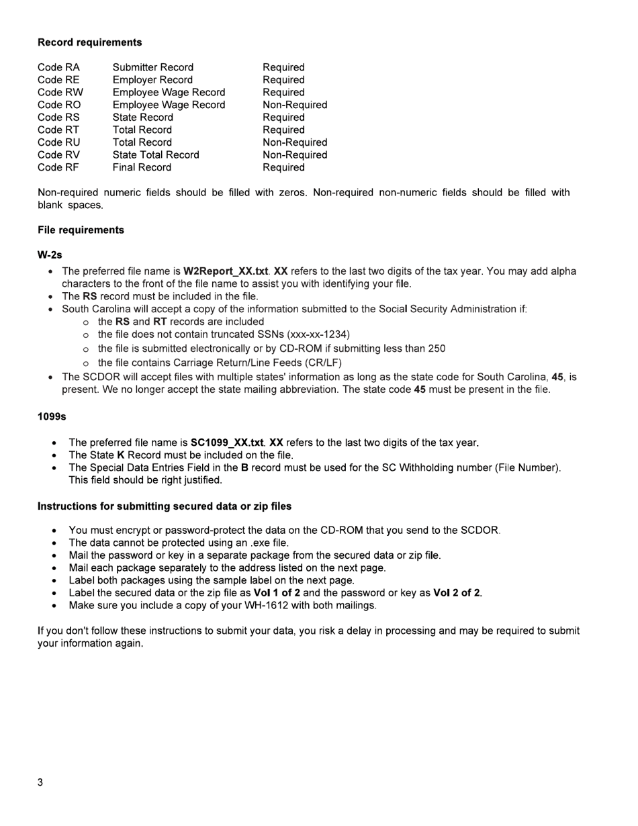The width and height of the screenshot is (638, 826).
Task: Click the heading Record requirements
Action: click(89, 42)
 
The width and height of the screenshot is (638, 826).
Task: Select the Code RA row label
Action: click(58, 67)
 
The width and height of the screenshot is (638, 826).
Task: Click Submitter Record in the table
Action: click(153, 67)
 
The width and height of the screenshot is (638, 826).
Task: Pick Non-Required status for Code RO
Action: click(295, 105)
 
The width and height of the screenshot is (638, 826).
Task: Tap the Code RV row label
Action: click(58, 155)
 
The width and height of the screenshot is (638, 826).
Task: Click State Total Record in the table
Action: click(156, 155)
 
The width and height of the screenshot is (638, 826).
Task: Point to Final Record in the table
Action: click(142, 167)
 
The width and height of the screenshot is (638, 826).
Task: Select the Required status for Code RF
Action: click(283, 167)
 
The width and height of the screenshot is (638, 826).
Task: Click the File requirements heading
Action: click(81, 230)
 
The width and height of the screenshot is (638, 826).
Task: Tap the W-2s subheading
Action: click(50, 255)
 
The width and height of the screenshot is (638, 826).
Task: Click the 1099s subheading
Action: click(52, 417)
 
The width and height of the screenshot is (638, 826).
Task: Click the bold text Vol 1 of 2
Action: click(277, 593)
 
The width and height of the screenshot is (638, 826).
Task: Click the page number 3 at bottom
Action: click(40, 783)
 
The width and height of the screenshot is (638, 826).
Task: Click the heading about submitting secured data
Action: click(165, 506)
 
